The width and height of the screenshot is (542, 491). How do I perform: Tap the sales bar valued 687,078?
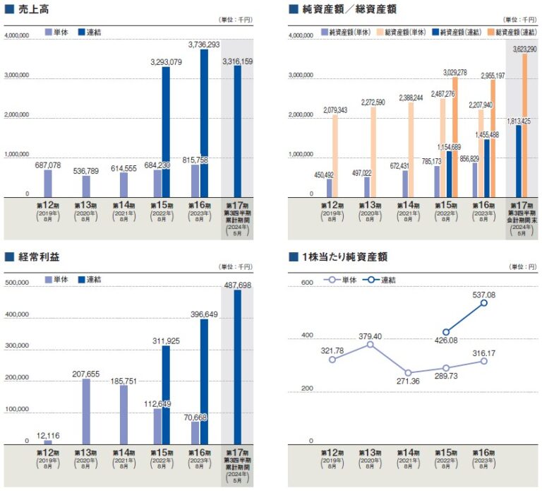[48, 184]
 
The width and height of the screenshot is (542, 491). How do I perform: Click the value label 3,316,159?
[237, 62]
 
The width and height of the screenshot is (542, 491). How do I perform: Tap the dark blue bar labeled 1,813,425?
[518, 162]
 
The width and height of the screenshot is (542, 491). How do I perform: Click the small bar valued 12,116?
[48, 442]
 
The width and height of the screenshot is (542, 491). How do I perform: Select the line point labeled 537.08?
[484, 303]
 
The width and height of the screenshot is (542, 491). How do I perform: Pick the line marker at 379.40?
[371, 344]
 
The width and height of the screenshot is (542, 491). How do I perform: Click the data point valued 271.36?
[409, 372]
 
